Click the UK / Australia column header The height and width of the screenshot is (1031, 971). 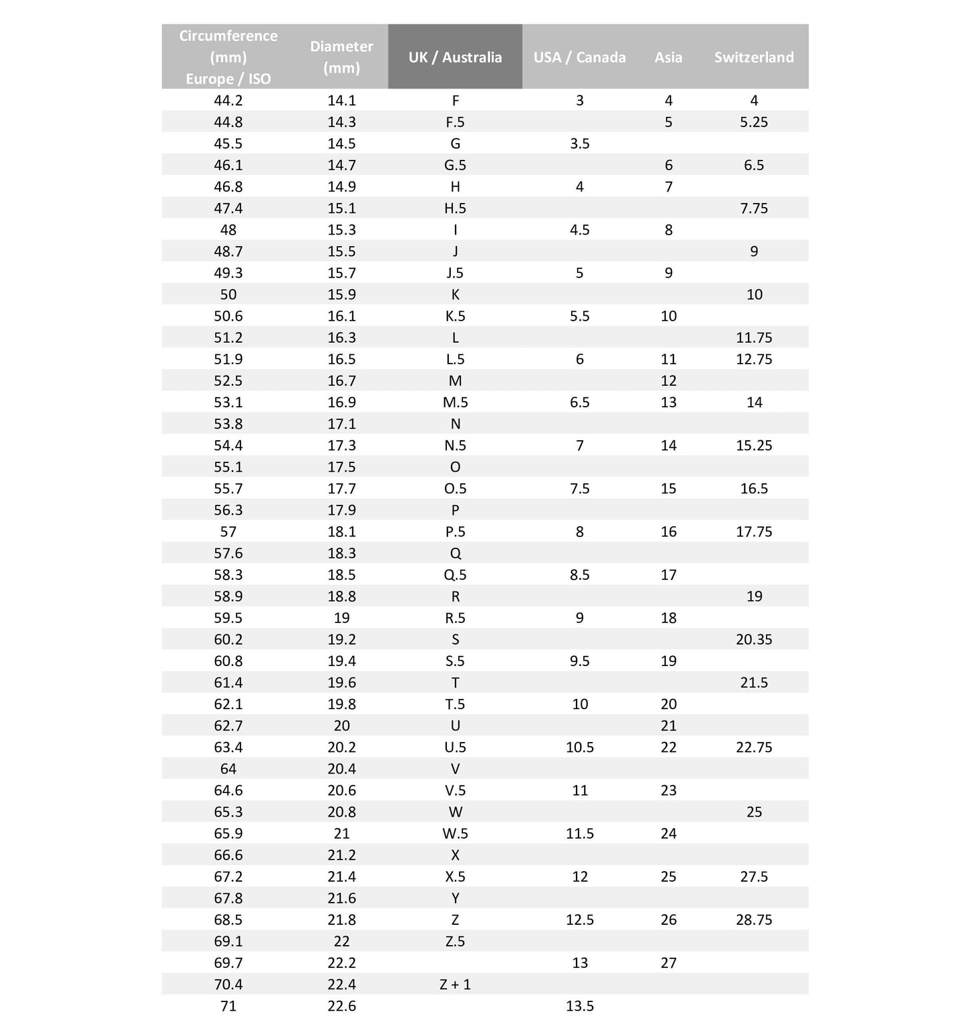(455, 57)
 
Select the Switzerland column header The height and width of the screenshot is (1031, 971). (753, 57)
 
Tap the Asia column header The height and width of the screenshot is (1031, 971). (668, 57)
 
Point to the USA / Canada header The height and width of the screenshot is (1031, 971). (579, 57)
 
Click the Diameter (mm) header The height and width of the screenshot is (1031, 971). (341, 57)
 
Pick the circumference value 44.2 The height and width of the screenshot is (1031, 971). (228, 100)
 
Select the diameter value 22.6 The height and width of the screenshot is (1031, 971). (341, 1005)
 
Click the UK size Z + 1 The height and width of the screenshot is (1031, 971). (455, 984)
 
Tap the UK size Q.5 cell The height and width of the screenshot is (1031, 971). (455, 575)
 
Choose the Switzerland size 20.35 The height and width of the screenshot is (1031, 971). (754, 639)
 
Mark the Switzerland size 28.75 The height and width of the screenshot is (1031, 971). (754, 919)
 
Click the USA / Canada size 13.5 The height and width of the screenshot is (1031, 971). (579, 1005)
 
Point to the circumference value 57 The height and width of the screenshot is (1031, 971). (228, 532)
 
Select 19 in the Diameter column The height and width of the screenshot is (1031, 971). (341, 618)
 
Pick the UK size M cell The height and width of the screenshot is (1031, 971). (455, 380)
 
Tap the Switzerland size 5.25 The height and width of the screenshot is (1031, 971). (754, 122)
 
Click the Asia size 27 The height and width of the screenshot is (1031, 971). (668, 962)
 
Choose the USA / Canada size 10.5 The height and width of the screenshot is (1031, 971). (579, 747)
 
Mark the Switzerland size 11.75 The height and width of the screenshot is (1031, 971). (754, 337)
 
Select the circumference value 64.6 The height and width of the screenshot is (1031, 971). (228, 790)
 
